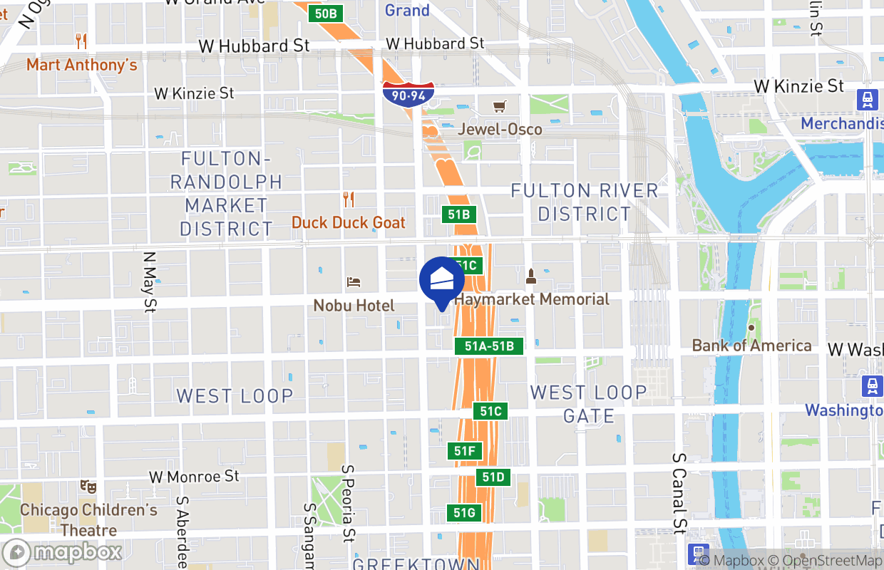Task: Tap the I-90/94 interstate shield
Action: click(x=408, y=94)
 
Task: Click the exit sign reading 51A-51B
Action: click(x=489, y=346)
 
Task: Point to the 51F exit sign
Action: click(x=465, y=451)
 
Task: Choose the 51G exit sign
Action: click(x=464, y=512)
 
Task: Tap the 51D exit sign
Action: click(x=493, y=477)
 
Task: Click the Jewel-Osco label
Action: click(x=500, y=129)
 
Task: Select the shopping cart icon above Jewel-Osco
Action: click(x=500, y=106)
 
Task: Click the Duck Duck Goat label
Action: click(x=349, y=222)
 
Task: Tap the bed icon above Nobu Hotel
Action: click(x=353, y=282)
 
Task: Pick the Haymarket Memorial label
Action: click(x=532, y=299)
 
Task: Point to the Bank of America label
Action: click(x=751, y=346)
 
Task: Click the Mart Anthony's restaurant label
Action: click(x=81, y=65)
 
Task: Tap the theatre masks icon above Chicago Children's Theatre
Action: click(x=88, y=487)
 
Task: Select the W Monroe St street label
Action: click(x=194, y=476)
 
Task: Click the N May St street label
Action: click(x=150, y=281)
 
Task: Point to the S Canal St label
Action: click(x=679, y=492)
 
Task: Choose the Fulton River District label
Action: click(x=585, y=202)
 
